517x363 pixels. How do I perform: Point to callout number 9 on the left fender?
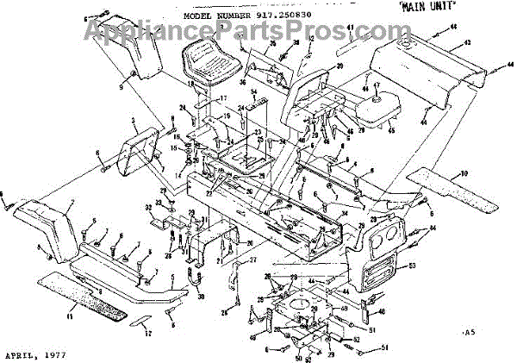click(x=121, y=86)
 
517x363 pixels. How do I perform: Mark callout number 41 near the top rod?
click(x=352, y=28)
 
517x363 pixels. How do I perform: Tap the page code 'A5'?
click(x=469, y=331)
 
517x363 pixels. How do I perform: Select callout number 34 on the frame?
click(x=344, y=214)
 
